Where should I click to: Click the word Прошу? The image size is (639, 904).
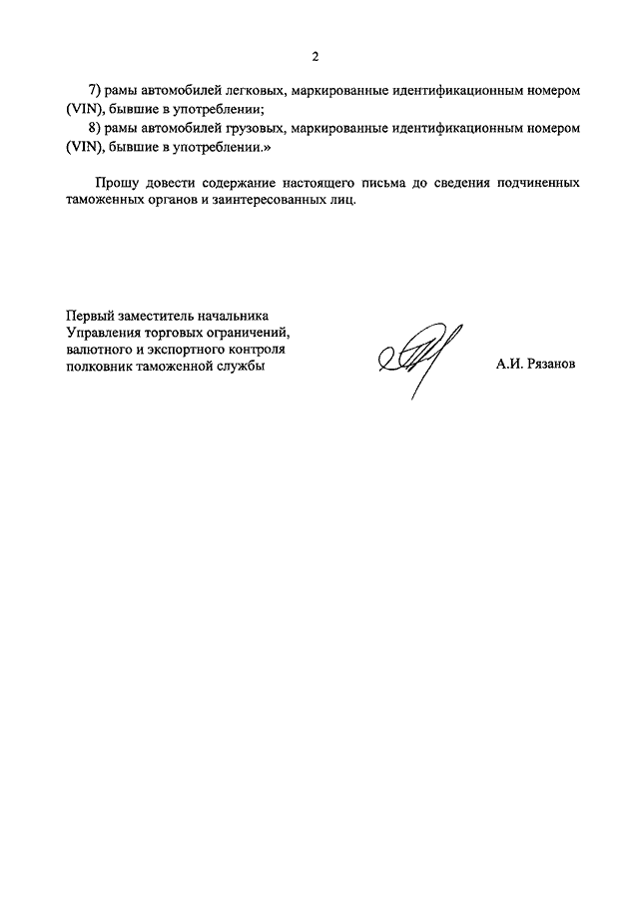[117, 185]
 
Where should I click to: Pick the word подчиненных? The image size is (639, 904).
[536, 185]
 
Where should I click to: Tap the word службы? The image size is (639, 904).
[247, 367]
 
